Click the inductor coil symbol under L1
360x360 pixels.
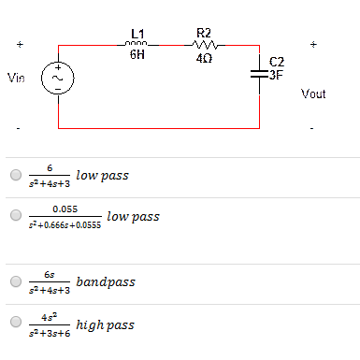[x=137, y=43]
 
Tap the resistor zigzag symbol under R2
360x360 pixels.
[x=206, y=43]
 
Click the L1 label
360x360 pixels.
[x=137, y=34]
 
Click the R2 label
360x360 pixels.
[x=205, y=34]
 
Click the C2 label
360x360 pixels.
[x=277, y=63]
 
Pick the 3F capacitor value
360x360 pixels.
[x=276, y=75]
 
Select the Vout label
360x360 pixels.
[x=314, y=94]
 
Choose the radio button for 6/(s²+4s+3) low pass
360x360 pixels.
[x=14, y=175]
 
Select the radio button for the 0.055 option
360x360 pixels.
[x=14, y=216]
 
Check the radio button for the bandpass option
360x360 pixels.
[x=14, y=281]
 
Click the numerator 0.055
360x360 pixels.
[x=65, y=209]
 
